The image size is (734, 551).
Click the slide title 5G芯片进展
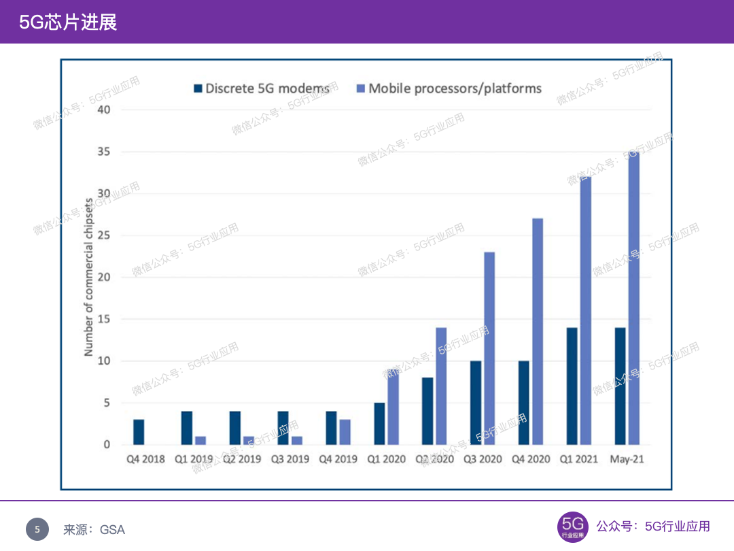pos(68,22)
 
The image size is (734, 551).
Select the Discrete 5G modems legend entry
pos(262,88)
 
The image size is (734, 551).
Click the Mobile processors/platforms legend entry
pos(449,88)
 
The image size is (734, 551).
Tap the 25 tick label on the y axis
pos(103,235)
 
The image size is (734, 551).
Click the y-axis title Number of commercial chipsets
pos(88,278)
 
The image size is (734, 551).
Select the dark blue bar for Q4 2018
pos(139,432)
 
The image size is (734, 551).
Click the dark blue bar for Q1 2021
pos(572,386)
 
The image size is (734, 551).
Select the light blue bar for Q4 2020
pos(538,331)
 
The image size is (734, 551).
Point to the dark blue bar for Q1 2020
pos(379,423)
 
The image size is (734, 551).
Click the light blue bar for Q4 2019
pos(345,432)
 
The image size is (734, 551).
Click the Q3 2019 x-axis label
pos(290,459)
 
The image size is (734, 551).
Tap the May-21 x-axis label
pos(627,459)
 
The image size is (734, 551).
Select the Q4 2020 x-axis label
pos(531,459)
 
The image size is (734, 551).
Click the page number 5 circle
pos(37,529)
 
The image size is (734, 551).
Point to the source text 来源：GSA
pos(94,529)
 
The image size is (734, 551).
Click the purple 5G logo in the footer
pos(572,527)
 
